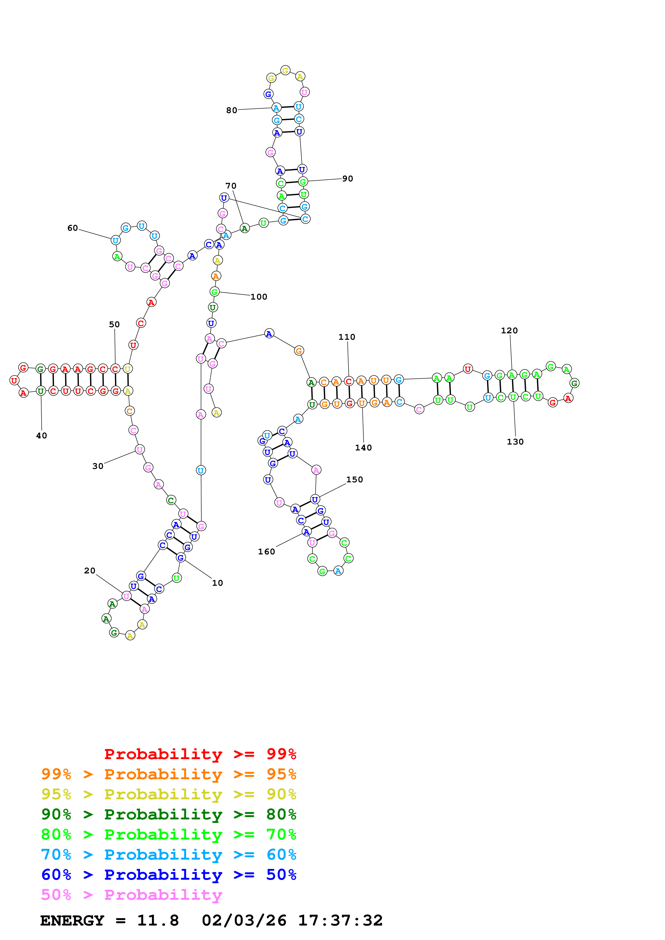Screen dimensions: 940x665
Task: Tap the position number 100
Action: click(259, 297)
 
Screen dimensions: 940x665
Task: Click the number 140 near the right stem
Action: click(363, 448)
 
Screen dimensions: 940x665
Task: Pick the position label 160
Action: click(266, 552)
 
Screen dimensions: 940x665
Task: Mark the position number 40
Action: click(41, 436)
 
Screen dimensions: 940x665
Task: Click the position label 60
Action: click(72, 228)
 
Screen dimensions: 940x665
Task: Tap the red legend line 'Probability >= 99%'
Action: click(200, 754)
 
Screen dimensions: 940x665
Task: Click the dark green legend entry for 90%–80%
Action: click(168, 814)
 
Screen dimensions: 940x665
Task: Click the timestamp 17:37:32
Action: click(340, 920)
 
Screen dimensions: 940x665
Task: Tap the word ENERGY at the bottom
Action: click(72, 920)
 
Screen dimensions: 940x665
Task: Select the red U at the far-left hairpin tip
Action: click(14, 380)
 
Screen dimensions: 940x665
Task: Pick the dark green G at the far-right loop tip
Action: click(574, 383)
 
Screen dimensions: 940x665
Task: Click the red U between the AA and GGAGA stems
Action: click(468, 369)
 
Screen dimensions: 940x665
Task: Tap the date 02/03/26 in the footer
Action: click(244, 920)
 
